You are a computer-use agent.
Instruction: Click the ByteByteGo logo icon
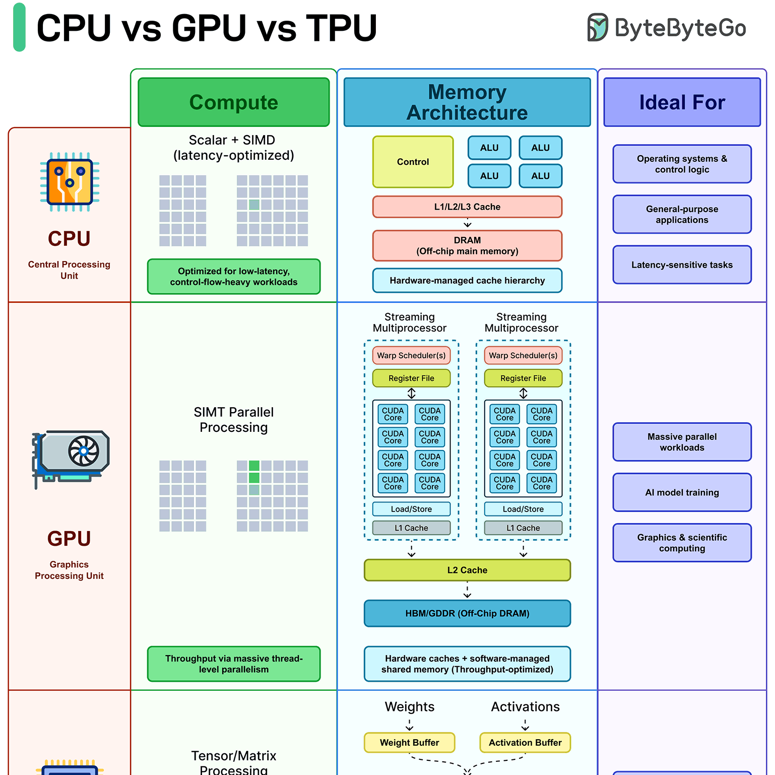tap(598, 27)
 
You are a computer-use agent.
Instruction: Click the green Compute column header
tap(234, 102)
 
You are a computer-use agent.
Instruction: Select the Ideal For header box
tap(682, 102)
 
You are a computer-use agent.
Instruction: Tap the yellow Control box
tap(413, 162)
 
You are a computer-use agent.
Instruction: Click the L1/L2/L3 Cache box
tap(467, 207)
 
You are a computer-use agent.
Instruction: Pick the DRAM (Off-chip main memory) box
tap(467, 246)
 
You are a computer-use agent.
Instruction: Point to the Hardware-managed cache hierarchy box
tap(467, 281)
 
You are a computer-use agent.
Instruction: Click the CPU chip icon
tap(70, 182)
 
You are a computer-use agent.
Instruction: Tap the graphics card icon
tap(71, 459)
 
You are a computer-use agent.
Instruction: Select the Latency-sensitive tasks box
tap(682, 265)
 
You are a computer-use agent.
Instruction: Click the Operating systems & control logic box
tap(682, 164)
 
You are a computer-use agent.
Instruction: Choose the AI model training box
tap(682, 492)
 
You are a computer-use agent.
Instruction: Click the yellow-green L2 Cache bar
tap(467, 570)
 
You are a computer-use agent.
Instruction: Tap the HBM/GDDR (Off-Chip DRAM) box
tap(467, 614)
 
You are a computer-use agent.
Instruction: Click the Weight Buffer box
tap(410, 743)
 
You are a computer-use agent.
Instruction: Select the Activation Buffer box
tap(525, 743)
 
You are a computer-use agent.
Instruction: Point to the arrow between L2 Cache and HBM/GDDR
tap(467, 590)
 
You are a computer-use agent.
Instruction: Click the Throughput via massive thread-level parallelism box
tap(234, 664)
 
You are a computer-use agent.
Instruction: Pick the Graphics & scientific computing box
tap(682, 543)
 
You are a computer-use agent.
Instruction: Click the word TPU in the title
tap(342, 28)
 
